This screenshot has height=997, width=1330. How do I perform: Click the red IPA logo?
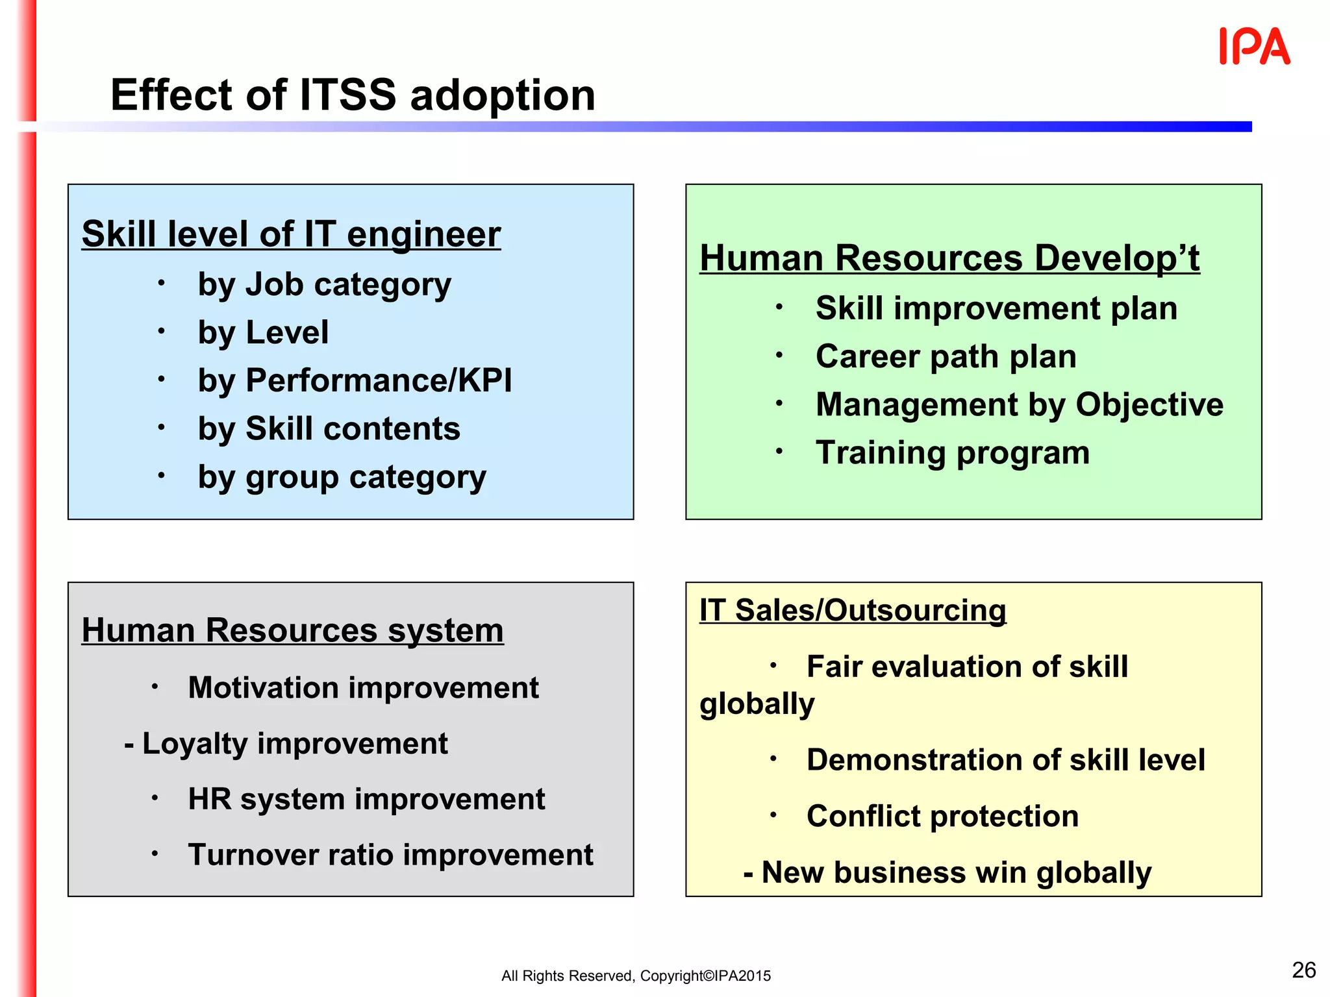point(1254,47)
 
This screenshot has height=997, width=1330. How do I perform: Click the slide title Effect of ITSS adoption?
point(353,95)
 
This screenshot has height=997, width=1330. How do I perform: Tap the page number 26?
point(1303,970)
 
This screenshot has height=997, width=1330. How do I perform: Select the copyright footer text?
point(636,976)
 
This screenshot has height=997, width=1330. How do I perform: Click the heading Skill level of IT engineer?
point(291,234)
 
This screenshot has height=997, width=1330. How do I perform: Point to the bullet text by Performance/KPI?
point(355,380)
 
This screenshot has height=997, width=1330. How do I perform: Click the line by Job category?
point(324,284)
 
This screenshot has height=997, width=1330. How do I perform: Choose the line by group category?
point(342,477)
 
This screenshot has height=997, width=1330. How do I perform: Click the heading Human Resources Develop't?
point(949,258)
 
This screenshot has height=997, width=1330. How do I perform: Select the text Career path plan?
point(946,356)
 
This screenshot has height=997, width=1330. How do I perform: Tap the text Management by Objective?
point(1020,404)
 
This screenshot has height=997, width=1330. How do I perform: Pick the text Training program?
point(953,452)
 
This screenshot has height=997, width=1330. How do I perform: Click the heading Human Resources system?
point(292,630)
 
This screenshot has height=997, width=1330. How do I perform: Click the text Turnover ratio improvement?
point(390,855)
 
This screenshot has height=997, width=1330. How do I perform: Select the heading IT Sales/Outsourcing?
point(853,610)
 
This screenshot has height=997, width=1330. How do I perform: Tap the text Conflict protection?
point(942,816)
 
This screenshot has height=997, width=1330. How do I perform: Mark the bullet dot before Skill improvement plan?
point(779,307)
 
